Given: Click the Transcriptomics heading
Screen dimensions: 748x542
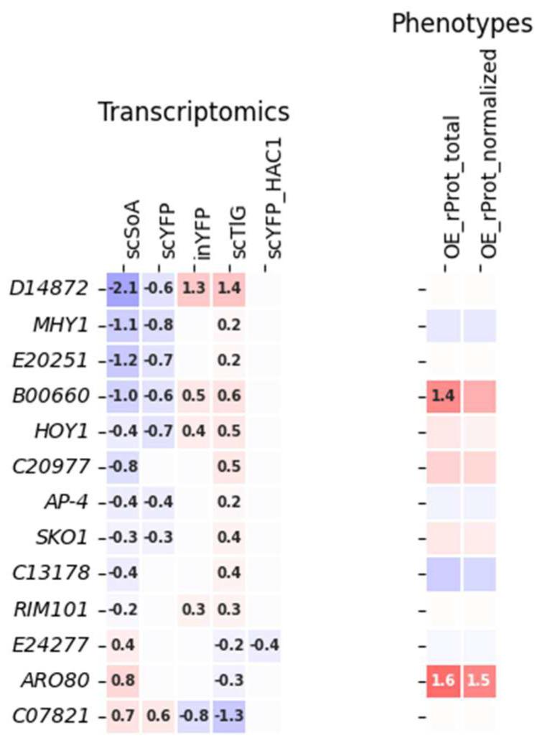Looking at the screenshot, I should point(193,112).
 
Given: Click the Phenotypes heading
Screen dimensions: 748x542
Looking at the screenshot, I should point(466,24).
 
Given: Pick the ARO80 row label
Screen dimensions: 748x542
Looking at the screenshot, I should point(63,680).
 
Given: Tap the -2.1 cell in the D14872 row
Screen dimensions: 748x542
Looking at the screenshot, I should point(123,289).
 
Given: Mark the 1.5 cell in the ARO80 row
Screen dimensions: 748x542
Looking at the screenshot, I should point(480,680).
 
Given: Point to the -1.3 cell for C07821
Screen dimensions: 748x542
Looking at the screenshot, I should point(229,715).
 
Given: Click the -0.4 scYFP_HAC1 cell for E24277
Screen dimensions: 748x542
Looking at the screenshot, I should point(264,645).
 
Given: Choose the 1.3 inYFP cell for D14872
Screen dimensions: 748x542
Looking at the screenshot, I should point(194,289).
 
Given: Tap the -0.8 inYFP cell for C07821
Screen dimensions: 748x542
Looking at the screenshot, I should point(194,715).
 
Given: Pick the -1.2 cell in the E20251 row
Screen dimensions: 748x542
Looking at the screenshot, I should point(123,360).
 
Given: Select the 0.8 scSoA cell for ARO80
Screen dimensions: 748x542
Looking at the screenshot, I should point(123,680).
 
